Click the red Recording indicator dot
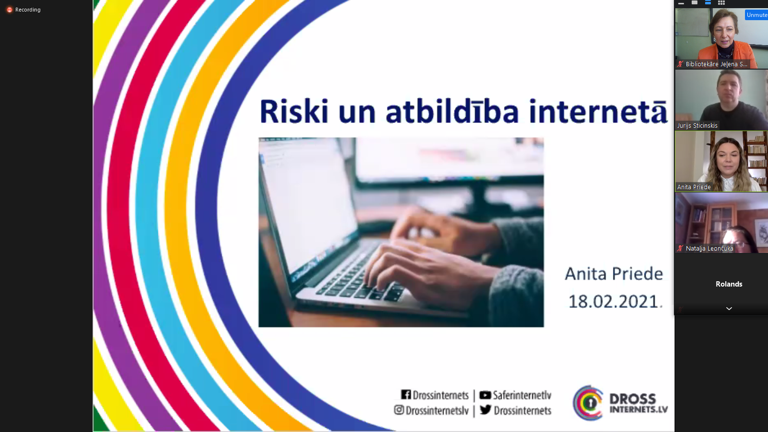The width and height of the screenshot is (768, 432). click(x=10, y=10)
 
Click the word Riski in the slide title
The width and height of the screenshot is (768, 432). click(x=294, y=111)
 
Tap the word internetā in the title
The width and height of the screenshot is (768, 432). click(x=598, y=111)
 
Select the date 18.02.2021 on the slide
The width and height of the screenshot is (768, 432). click(x=613, y=302)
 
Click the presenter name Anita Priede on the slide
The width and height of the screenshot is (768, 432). click(x=614, y=274)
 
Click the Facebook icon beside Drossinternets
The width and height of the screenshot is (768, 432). click(x=406, y=395)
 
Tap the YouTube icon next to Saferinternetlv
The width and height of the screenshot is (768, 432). click(x=485, y=395)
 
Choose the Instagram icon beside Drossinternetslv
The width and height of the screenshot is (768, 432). click(x=399, y=410)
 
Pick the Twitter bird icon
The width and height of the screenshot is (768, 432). click(x=485, y=409)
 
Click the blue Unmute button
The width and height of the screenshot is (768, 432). click(x=756, y=15)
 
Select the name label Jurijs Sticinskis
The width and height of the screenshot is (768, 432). click(x=697, y=125)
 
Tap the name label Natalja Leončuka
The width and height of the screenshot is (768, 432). click(x=709, y=249)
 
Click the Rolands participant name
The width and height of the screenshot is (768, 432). click(x=729, y=284)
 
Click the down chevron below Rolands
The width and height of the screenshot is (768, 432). click(x=729, y=309)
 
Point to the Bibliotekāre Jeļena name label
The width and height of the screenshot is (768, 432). click(x=716, y=64)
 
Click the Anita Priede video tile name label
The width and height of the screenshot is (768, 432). click(x=694, y=187)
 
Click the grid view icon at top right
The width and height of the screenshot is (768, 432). click(x=721, y=3)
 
